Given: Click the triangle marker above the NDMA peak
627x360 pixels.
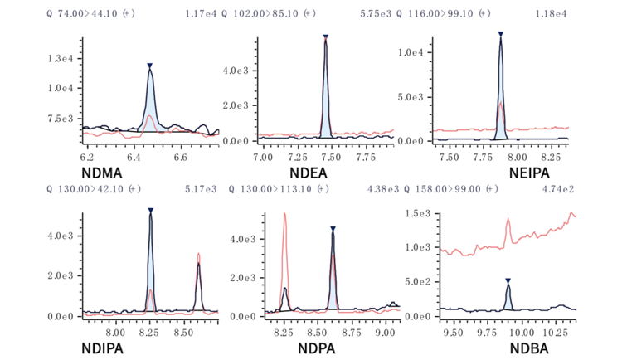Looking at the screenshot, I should [x=149, y=66].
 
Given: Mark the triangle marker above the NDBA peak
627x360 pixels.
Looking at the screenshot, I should [x=508, y=280].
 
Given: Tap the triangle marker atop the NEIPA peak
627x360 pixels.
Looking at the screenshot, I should [x=501, y=34].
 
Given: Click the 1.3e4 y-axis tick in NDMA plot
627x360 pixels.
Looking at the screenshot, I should [x=63, y=58].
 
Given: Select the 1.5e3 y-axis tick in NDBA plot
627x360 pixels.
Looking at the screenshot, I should [x=420, y=215].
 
